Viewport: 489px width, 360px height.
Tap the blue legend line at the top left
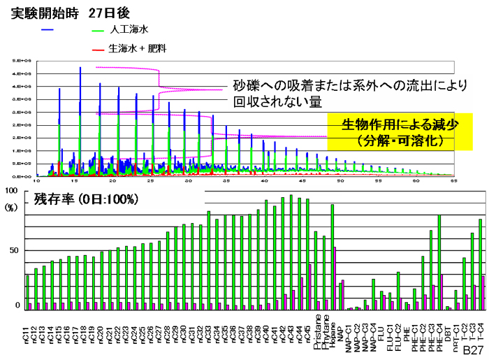(x=48, y=30)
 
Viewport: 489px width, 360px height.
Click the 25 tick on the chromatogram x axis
(x=150, y=181)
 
